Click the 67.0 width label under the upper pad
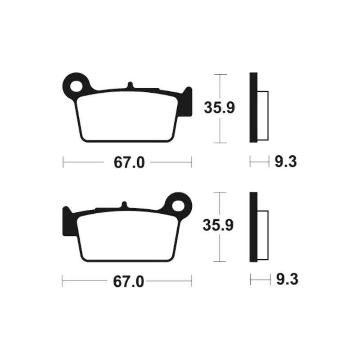(129, 162)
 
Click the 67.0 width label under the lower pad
(128, 282)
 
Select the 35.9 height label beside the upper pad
(219, 108)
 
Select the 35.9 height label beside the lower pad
(218, 225)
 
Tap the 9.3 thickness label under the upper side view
(286, 162)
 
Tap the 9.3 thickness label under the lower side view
(287, 279)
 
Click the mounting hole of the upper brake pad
(76, 87)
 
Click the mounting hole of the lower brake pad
(178, 206)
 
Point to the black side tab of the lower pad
(67, 221)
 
